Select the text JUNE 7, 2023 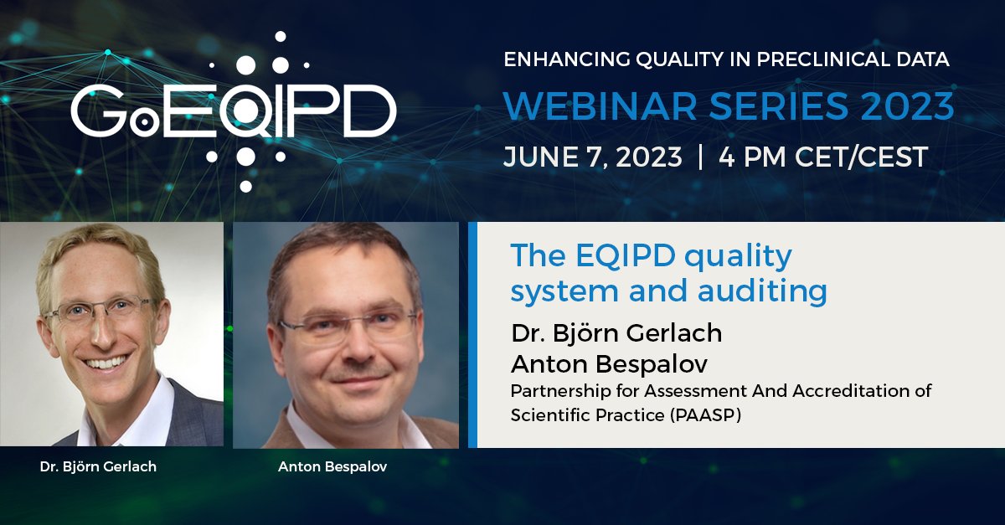click(592, 157)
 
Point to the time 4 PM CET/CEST click(823, 157)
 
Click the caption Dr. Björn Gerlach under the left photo click(98, 466)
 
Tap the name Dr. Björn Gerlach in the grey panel click(616, 332)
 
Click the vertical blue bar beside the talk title click(472, 335)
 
